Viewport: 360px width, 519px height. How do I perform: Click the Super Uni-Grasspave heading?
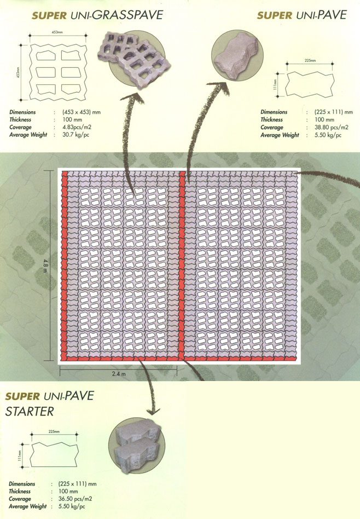(97, 15)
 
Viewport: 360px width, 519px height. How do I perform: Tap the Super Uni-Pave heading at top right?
(302, 15)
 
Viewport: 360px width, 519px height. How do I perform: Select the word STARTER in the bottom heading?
(30, 412)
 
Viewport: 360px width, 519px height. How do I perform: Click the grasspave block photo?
(135, 60)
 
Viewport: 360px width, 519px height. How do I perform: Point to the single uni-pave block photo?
(237, 55)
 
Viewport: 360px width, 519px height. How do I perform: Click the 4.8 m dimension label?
(45, 265)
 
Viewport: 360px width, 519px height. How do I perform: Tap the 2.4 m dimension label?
(119, 374)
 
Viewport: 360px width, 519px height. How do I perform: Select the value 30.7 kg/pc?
(76, 135)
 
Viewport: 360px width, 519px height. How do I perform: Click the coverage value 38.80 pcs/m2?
(331, 127)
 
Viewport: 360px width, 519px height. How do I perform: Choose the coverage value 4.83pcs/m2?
(77, 127)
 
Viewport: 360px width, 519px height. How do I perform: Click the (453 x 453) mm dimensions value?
(82, 112)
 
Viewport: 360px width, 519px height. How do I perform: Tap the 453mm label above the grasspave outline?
(57, 32)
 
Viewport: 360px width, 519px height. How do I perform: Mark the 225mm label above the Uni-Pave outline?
(310, 61)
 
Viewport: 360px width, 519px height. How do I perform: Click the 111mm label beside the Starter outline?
(20, 455)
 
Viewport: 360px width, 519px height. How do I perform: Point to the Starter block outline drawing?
(54, 455)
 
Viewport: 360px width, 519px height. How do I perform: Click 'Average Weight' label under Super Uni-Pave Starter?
(28, 506)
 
